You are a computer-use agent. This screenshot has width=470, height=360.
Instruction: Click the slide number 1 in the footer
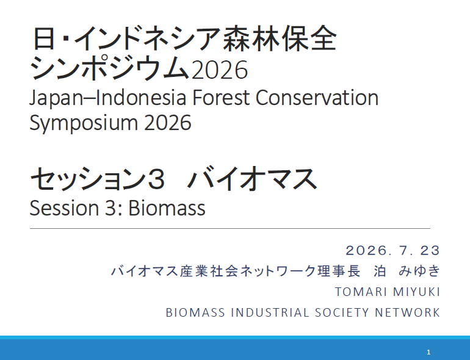tap(428, 352)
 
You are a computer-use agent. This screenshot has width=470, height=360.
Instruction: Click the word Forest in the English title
tap(220, 98)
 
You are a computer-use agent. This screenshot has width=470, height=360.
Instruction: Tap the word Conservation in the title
tap(317, 98)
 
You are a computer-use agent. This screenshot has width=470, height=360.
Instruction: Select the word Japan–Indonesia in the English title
tap(107, 98)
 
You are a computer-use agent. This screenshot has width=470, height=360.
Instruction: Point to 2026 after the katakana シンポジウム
tap(219, 70)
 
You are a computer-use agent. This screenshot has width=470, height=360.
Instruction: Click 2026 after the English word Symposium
tap(168, 122)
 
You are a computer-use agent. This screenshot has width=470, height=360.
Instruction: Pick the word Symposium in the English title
tap(84, 123)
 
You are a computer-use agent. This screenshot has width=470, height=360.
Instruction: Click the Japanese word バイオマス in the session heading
tap(253, 179)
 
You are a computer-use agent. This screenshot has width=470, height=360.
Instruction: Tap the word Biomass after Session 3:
tap(167, 207)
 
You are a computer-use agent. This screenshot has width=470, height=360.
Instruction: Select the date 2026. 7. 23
tap(392, 250)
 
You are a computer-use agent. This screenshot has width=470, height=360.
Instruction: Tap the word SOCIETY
tap(342, 312)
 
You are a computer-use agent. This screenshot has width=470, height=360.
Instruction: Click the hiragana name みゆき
tap(419, 271)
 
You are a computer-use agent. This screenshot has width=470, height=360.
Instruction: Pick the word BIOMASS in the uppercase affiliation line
tap(195, 312)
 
